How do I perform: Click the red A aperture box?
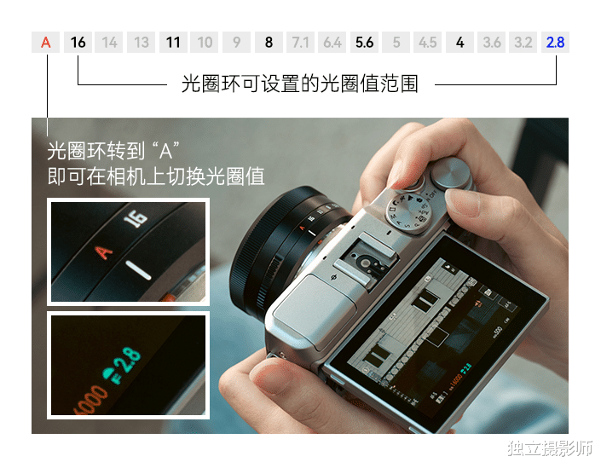click(46, 42)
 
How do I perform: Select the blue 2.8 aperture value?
click(555, 42)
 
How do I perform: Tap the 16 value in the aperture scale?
click(78, 42)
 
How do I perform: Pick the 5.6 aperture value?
click(364, 42)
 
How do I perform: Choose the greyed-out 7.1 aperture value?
click(300, 42)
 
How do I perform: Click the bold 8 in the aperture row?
click(269, 42)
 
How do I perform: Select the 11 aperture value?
click(173, 42)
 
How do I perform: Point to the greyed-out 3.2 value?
click(523, 42)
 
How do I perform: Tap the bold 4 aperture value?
click(459, 42)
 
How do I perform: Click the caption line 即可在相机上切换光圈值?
click(156, 176)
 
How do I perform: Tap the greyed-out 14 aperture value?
click(110, 42)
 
